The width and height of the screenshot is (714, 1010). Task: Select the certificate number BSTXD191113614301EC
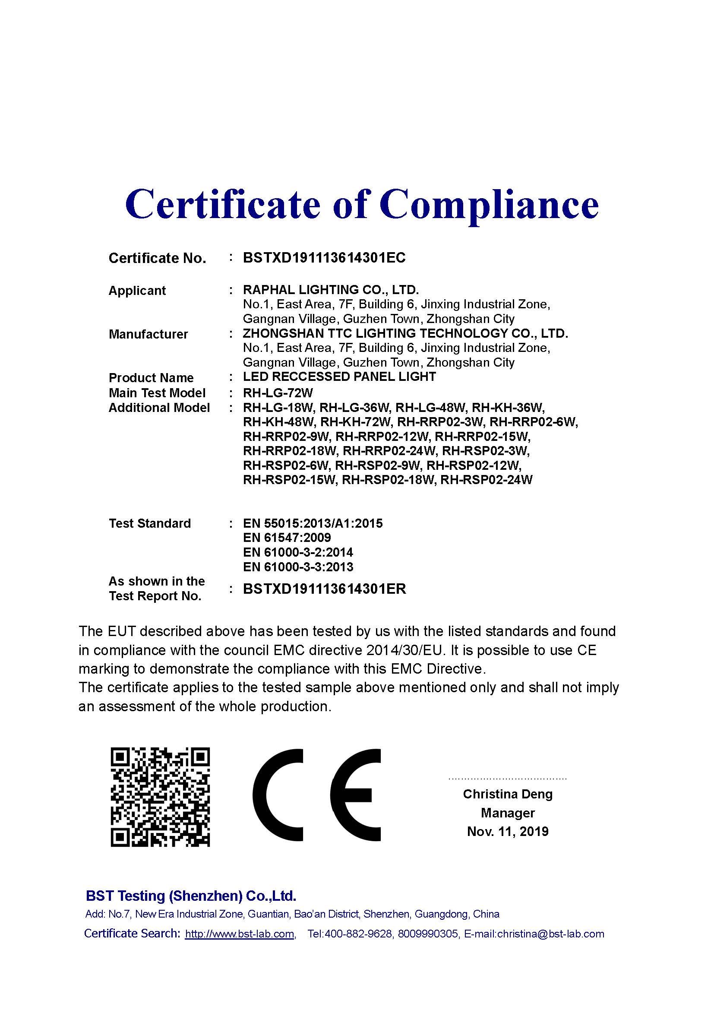click(324, 258)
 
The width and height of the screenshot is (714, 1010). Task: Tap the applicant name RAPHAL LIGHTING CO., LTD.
click(331, 290)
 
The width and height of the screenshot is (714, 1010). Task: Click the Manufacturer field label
click(148, 334)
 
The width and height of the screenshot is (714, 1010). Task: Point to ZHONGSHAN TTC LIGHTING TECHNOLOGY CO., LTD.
click(405, 333)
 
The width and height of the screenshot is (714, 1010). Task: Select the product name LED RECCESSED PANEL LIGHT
click(339, 377)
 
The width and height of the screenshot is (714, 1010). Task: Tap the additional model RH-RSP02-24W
click(486, 480)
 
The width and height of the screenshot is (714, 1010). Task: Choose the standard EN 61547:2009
click(287, 538)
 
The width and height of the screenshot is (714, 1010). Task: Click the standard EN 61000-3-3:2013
click(298, 567)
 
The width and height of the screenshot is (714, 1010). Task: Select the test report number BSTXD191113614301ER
click(325, 589)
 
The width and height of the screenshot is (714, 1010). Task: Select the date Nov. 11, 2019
click(507, 831)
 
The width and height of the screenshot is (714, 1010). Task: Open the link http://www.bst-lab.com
click(240, 934)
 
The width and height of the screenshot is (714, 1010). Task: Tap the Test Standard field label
click(150, 523)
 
